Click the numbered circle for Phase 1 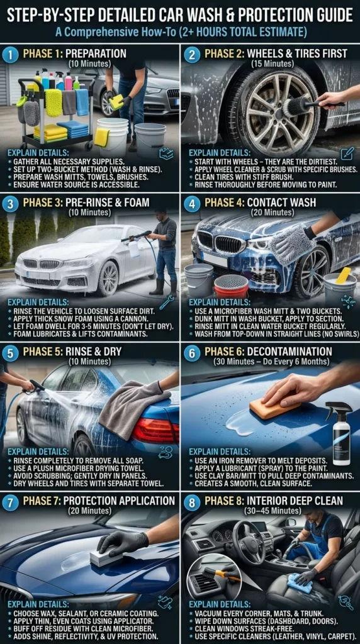coord(11,53)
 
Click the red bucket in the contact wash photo coord(232,286)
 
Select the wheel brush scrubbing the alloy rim coord(301,106)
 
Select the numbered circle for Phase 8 coord(191,501)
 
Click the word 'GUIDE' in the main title coord(320,13)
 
